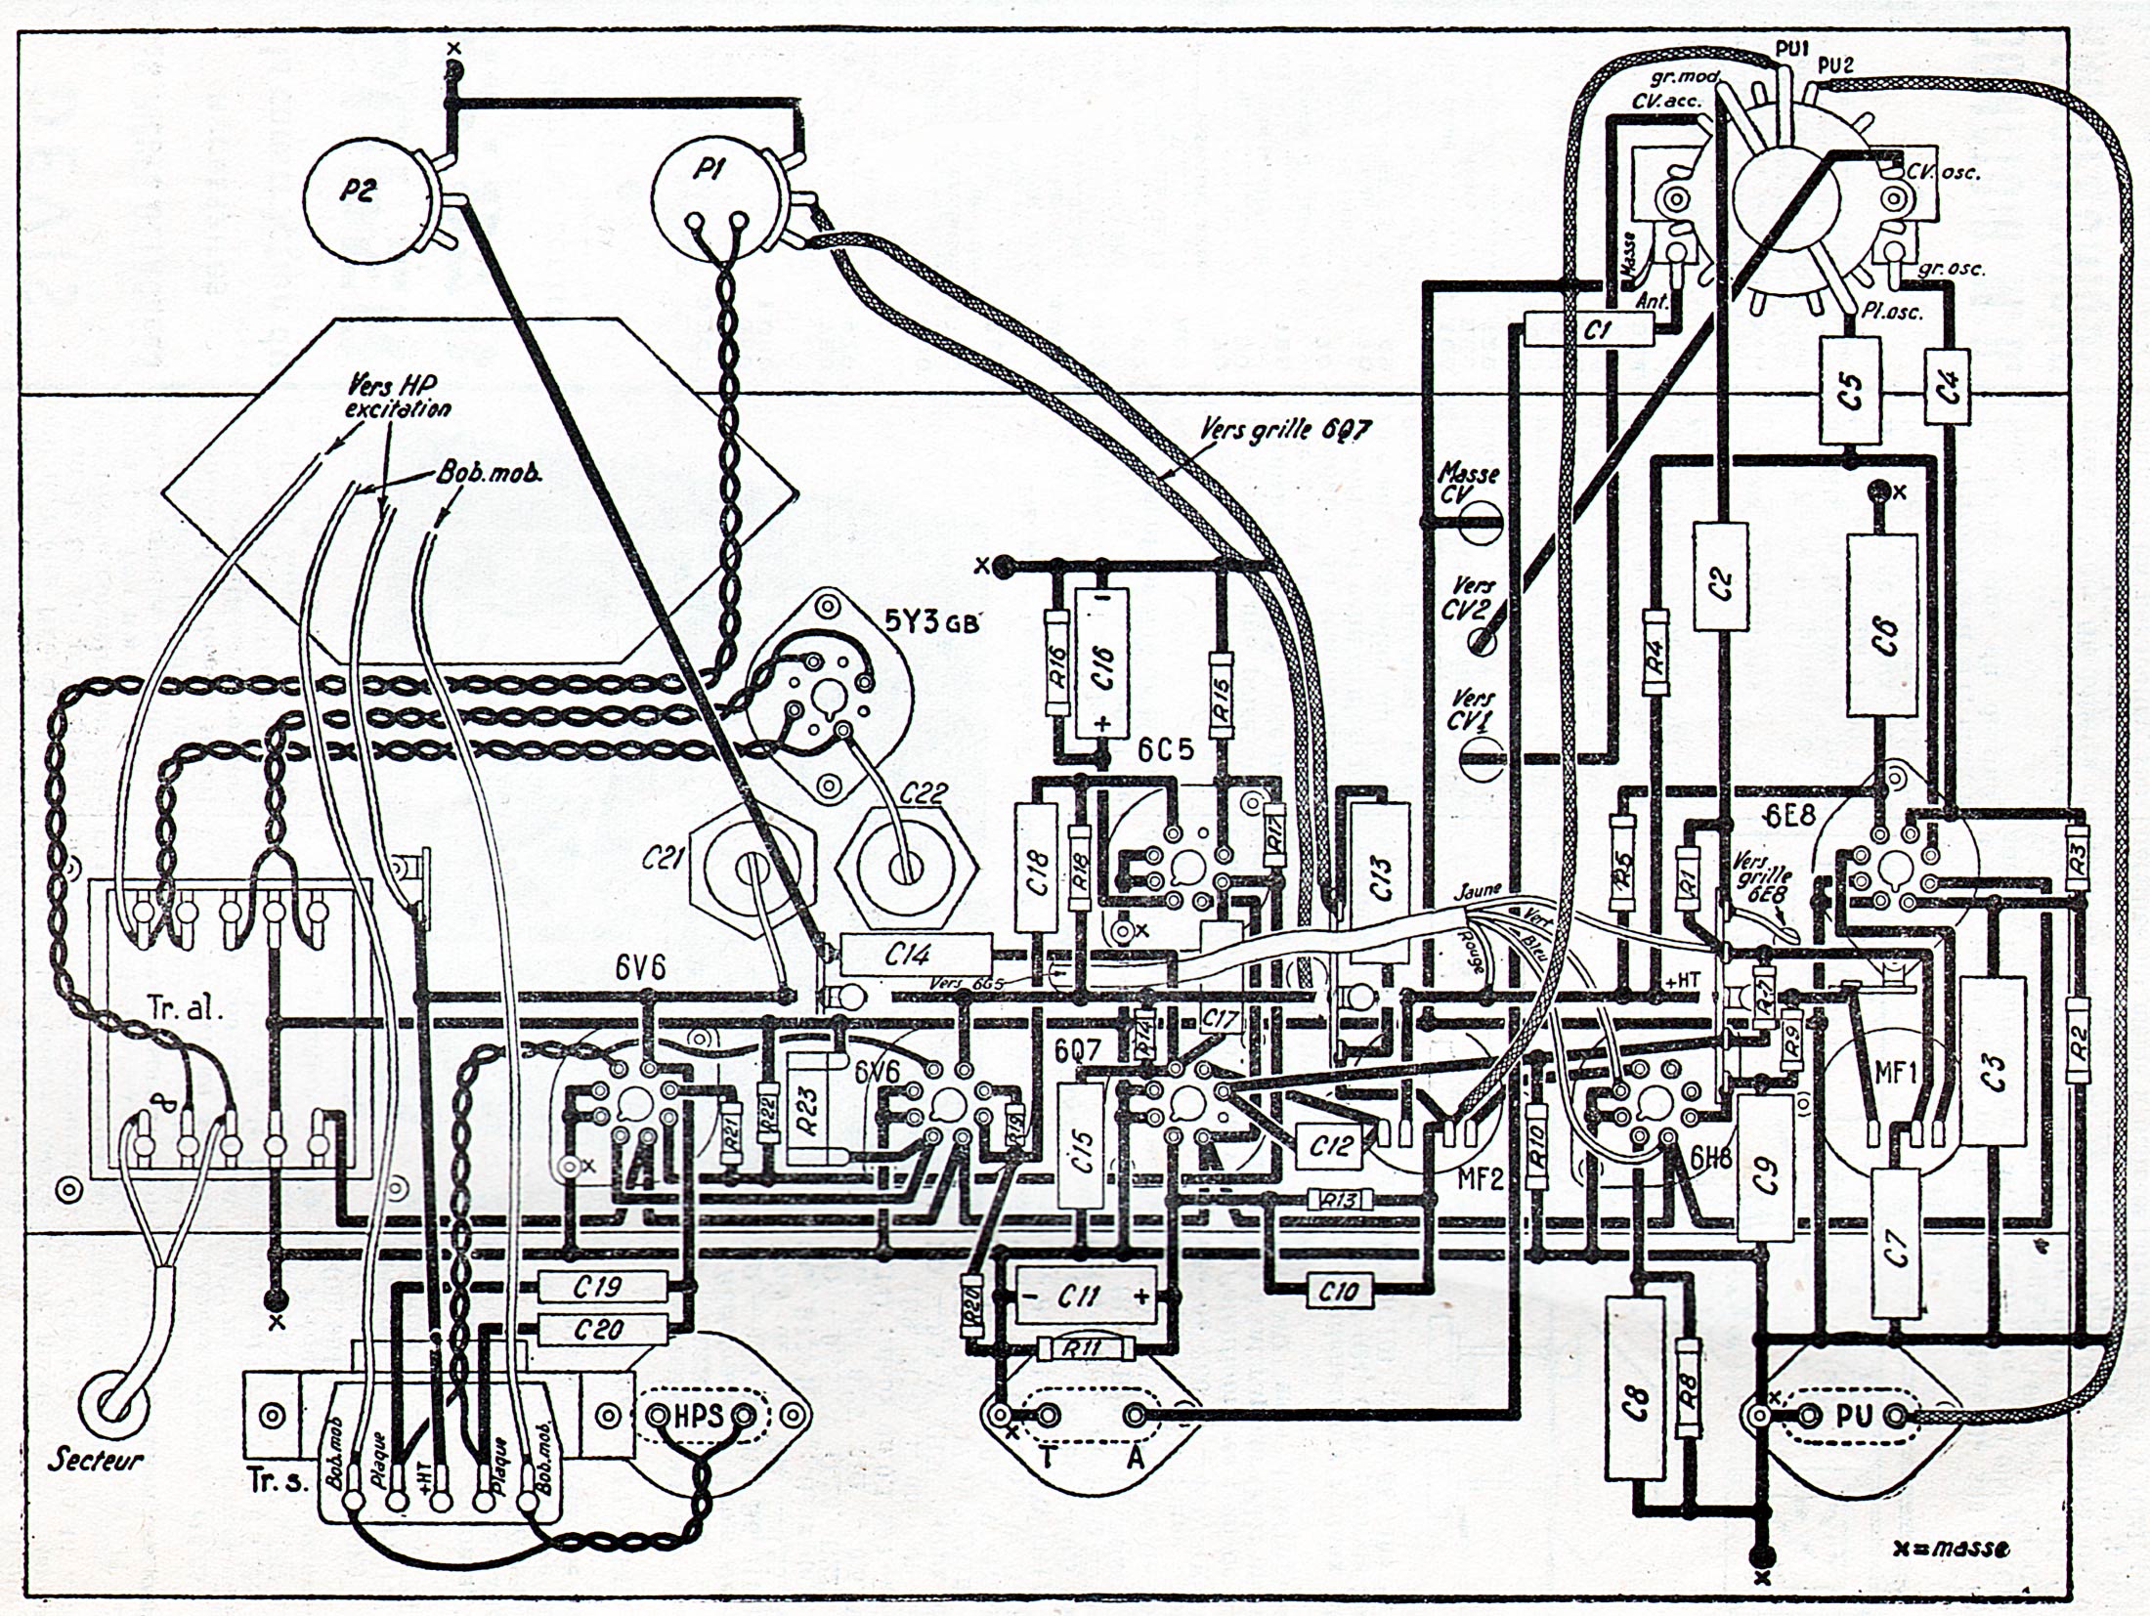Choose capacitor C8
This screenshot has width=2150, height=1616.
1635,1404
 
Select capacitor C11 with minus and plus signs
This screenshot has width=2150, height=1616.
1085,1297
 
